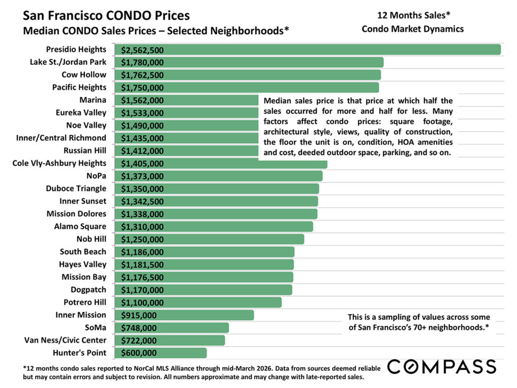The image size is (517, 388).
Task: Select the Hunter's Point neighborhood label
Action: [x=79, y=353]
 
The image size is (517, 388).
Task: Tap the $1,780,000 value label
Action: [x=142, y=62]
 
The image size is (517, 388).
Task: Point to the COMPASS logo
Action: [x=441, y=366]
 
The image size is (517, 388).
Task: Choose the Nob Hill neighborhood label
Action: [x=91, y=239]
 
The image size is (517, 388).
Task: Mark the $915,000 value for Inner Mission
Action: [x=138, y=315]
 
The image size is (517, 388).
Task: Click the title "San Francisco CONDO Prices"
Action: [x=107, y=16]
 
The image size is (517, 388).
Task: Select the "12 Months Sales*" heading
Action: [x=412, y=16]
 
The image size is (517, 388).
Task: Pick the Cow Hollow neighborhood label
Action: [x=84, y=75]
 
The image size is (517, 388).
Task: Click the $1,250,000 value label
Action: [x=142, y=239]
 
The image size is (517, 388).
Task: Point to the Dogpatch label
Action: [x=88, y=289]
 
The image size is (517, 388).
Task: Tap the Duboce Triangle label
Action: [x=76, y=188]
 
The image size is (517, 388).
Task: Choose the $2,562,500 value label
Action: [x=142, y=50]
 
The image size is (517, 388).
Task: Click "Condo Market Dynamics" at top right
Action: [x=412, y=29]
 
